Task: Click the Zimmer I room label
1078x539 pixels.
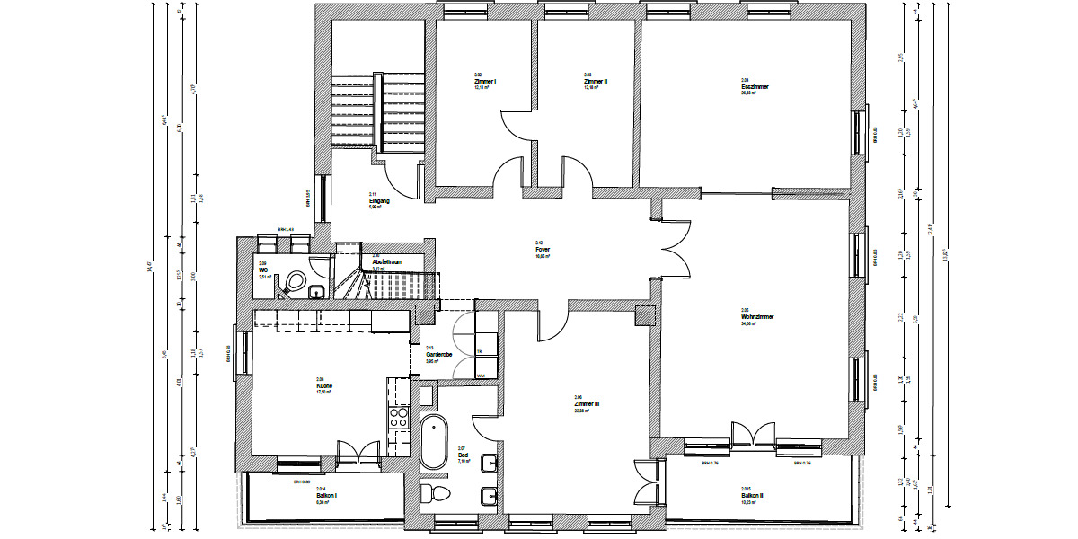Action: (x=485, y=81)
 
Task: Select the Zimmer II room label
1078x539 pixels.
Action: (x=596, y=81)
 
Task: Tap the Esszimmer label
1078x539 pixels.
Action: (x=755, y=87)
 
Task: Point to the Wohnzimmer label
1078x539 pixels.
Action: (x=757, y=317)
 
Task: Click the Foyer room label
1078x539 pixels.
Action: (x=542, y=250)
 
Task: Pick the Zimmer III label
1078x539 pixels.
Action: (x=587, y=404)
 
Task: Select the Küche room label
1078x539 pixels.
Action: (x=324, y=386)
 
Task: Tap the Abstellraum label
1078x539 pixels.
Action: (x=386, y=262)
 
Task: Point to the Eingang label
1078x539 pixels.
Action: (x=378, y=200)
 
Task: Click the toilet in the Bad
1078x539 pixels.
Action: (x=438, y=492)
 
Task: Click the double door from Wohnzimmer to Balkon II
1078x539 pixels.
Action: (x=752, y=435)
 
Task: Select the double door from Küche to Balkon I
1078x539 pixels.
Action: (x=358, y=452)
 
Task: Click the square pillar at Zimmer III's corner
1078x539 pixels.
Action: (x=644, y=316)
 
